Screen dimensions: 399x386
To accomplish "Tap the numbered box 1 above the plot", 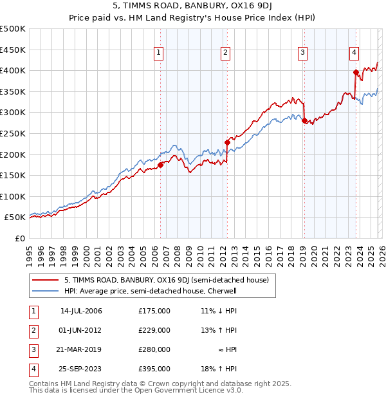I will click(159, 53).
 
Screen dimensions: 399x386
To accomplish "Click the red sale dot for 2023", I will click(356, 72).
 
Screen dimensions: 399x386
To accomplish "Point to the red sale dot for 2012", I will click(226, 142).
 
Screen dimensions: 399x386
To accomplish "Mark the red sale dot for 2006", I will click(160, 165).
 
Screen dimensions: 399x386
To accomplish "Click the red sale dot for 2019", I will click(304, 120).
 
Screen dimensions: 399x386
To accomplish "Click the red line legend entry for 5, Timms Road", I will click(170, 280).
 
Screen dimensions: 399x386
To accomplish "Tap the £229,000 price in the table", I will click(154, 330).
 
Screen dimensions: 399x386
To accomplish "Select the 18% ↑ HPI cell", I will click(219, 369).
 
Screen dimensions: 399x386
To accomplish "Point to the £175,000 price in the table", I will click(154, 311).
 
